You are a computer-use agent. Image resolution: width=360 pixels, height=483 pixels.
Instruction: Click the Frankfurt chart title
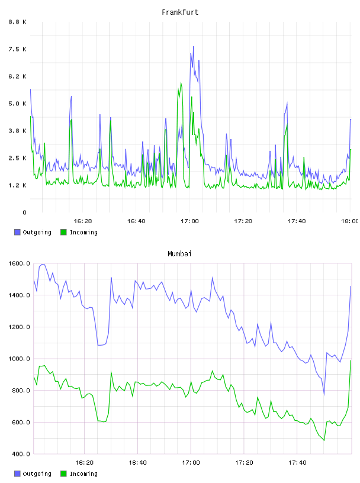(180, 12)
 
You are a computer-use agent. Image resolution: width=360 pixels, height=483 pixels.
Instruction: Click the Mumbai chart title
(179, 254)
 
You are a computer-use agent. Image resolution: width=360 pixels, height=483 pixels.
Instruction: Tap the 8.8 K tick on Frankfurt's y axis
(18, 22)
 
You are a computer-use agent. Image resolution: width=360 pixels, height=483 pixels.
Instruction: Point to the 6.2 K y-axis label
(18, 76)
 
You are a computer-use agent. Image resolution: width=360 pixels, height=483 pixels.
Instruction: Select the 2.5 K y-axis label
(18, 158)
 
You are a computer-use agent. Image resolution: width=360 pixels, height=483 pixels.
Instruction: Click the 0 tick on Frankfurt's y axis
(24, 212)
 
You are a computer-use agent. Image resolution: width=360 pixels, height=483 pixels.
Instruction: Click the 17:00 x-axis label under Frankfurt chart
(189, 221)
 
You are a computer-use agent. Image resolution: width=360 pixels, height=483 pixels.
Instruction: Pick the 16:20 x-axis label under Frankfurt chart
(83, 221)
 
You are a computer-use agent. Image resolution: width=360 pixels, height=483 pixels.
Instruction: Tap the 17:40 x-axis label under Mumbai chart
(297, 463)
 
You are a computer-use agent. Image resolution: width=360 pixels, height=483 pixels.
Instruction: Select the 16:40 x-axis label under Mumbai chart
(137, 463)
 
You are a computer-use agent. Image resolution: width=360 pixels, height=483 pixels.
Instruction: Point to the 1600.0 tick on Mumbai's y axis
(19, 263)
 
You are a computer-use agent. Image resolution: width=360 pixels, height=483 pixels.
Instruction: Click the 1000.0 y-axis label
(19, 359)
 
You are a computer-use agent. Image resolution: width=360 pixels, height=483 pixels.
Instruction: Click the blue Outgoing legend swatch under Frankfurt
(17, 232)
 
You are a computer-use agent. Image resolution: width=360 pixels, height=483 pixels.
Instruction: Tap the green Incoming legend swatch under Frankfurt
(63, 232)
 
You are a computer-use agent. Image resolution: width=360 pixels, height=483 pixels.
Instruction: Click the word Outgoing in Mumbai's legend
(37, 474)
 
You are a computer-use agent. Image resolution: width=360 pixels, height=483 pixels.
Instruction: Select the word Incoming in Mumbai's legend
(83, 474)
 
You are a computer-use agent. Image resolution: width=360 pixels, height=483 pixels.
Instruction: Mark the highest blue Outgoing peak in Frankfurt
(194, 47)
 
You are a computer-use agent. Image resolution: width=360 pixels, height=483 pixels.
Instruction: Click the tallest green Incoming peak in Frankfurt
(181, 82)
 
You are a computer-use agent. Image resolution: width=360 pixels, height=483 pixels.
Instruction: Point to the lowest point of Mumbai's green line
(324, 440)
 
